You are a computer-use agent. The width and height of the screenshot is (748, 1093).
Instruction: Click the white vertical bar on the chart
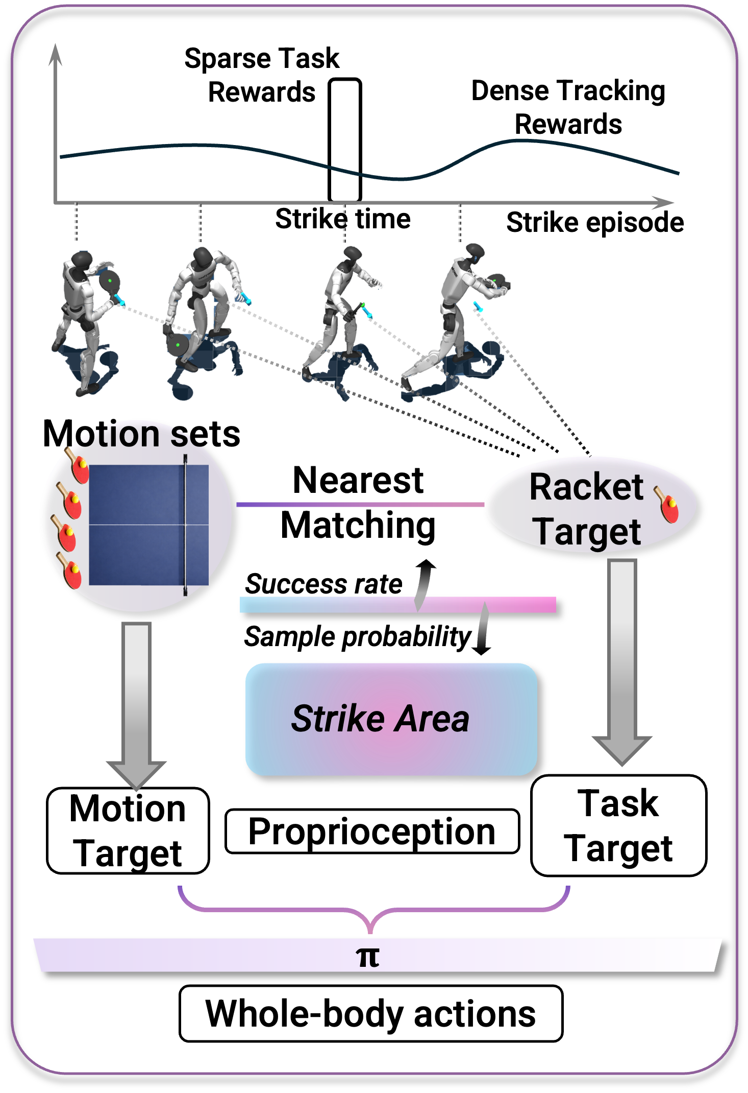[344, 140]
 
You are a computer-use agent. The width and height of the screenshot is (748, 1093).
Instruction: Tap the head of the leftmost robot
[82, 259]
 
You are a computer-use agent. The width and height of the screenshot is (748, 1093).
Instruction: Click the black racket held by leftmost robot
[110, 281]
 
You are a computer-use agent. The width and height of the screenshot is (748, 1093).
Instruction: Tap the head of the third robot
[352, 253]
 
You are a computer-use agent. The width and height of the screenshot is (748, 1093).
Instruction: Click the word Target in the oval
[588, 532]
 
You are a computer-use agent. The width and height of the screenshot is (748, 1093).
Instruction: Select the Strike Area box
[391, 719]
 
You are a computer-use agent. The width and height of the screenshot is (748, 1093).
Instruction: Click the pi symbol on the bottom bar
[367, 957]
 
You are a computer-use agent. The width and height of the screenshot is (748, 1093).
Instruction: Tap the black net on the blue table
[185, 525]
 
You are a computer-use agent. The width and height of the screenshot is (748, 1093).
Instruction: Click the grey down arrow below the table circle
[136, 705]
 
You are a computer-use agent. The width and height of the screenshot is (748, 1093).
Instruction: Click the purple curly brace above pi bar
[373, 911]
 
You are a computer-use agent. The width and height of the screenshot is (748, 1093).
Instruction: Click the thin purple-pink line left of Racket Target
[360, 505]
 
